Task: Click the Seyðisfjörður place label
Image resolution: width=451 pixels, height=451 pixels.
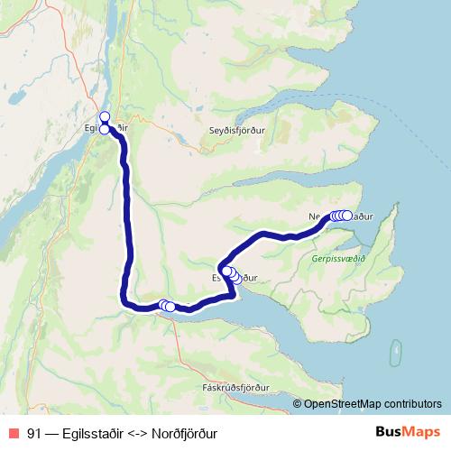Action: tap(236, 127)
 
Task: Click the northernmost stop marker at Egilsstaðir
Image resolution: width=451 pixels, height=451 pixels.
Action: tap(105, 116)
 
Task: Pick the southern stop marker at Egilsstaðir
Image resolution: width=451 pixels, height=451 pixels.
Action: tap(105, 130)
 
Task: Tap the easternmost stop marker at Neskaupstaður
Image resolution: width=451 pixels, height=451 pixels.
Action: tap(347, 216)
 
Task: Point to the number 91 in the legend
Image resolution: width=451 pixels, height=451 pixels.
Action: tap(34, 433)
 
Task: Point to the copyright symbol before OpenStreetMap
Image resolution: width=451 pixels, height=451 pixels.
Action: tap(299, 404)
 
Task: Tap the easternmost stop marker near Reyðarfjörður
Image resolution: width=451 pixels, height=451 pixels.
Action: tap(170, 308)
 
